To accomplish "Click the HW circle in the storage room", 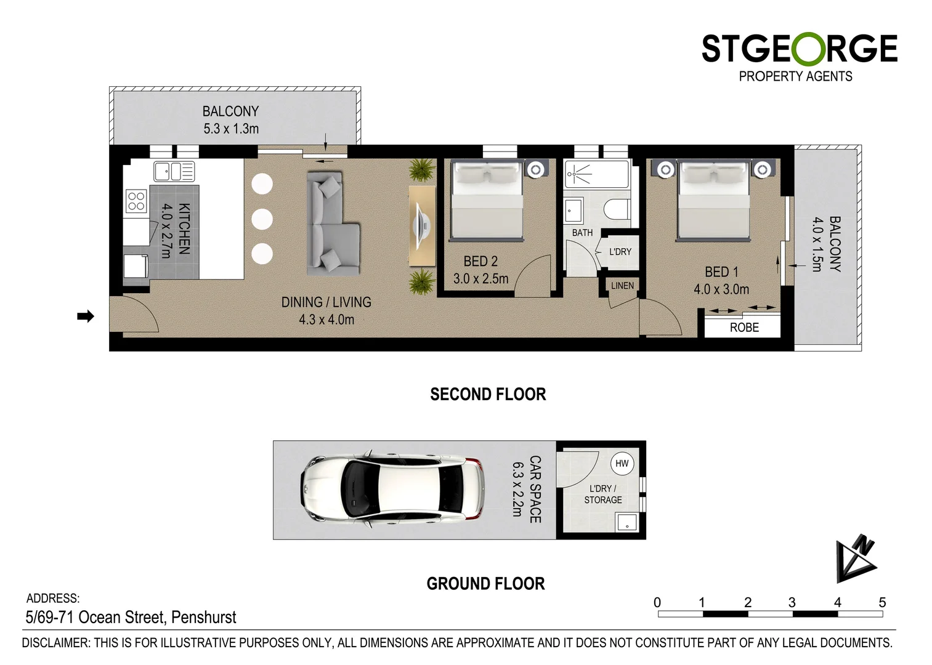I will (x=622, y=464).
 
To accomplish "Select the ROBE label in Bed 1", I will (x=744, y=328).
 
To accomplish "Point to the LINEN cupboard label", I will (x=622, y=286).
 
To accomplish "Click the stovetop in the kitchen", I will (x=136, y=201).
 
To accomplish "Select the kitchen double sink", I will (x=174, y=171).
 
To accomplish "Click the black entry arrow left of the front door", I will (x=85, y=316).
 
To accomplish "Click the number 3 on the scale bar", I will (x=792, y=602).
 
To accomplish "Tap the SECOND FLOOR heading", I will (x=488, y=394).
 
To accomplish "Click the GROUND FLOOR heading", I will (x=485, y=584).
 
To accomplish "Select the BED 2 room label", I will (x=480, y=262).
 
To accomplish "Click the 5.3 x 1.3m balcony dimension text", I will (x=231, y=129).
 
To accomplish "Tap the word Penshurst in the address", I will (x=203, y=617).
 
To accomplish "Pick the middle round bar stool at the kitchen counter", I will (x=262, y=219).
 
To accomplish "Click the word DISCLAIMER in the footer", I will (x=56, y=643).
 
